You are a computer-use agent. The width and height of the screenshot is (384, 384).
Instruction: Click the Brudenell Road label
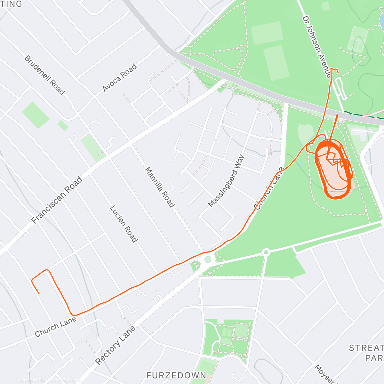tap(44, 75)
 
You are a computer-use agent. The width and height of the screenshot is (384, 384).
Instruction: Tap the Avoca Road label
tap(120, 78)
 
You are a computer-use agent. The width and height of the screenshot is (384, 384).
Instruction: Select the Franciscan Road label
tap(57, 200)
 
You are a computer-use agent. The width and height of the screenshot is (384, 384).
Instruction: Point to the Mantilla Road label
tap(160, 187)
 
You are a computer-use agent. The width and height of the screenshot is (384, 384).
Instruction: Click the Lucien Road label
tap(124, 224)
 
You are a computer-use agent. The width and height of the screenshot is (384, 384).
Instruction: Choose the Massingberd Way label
tap(226, 181)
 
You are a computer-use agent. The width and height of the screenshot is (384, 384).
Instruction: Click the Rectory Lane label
tap(115, 345)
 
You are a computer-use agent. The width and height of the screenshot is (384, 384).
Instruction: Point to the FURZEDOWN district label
tap(176, 375)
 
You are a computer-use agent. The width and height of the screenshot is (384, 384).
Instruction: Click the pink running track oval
tap(333, 170)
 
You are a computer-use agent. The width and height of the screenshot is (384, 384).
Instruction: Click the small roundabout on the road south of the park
tap(266, 252)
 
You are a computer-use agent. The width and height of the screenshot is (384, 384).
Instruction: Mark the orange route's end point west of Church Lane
tap(39, 293)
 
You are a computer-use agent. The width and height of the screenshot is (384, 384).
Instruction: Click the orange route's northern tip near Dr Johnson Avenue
tap(331, 68)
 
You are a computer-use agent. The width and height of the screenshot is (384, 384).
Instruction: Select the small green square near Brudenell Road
tap(63, 125)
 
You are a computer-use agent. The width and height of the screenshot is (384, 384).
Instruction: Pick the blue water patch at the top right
tap(382, 19)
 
